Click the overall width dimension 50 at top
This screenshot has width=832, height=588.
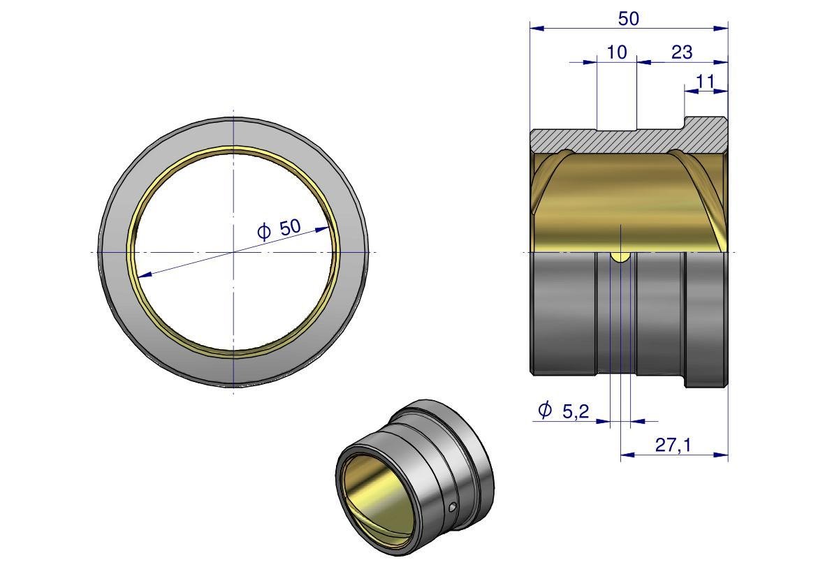[628, 19]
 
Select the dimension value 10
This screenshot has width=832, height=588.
[616, 52]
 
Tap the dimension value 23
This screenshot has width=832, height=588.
[682, 52]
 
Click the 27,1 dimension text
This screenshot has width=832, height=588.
[673, 445]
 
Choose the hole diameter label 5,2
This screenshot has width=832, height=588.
[576, 411]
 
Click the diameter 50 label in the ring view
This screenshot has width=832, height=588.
[290, 228]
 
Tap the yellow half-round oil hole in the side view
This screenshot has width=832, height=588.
[620, 257]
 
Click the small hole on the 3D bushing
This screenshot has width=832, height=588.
[452, 508]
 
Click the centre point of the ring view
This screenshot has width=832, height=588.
[233, 252]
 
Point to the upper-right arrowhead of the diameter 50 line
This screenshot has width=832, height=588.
[322, 230]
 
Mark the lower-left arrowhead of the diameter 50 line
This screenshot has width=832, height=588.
[145, 274]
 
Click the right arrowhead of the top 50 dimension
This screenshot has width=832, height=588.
[721, 28]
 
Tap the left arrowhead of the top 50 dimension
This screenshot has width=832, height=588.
[537, 28]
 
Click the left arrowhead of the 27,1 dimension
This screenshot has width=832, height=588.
[628, 455]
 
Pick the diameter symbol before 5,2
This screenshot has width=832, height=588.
[545, 410]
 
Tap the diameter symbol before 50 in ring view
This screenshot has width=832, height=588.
[264, 232]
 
